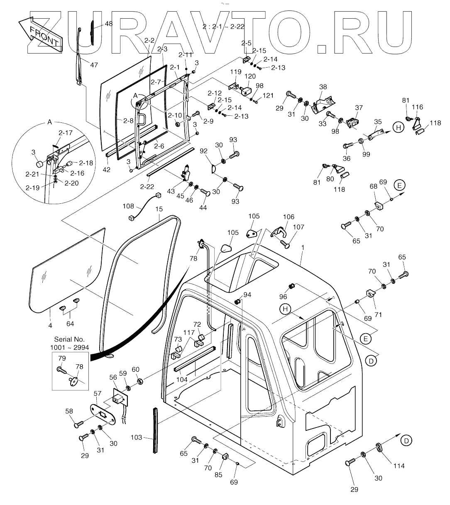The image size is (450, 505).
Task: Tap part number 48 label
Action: pyautogui.click(x=108, y=24)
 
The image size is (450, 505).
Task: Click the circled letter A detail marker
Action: pyautogui.click(x=135, y=95)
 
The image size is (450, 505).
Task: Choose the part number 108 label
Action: pyautogui.click(x=128, y=205)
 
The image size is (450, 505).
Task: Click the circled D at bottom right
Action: pyautogui.click(x=407, y=441)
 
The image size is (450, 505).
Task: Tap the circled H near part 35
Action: pyautogui.click(x=398, y=128)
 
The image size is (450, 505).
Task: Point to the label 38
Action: pyautogui.click(x=323, y=87)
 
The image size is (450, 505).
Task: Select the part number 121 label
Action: pyautogui.click(x=268, y=96)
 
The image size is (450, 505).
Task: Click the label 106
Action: pyautogui.click(x=288, y=217)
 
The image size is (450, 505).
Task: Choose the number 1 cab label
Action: pyautogui.click(x=303, y=247)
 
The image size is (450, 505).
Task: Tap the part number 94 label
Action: pyautogui.click(x=247, y=295)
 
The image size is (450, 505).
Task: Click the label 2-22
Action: pyautogui.click(x=147, y=187)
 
